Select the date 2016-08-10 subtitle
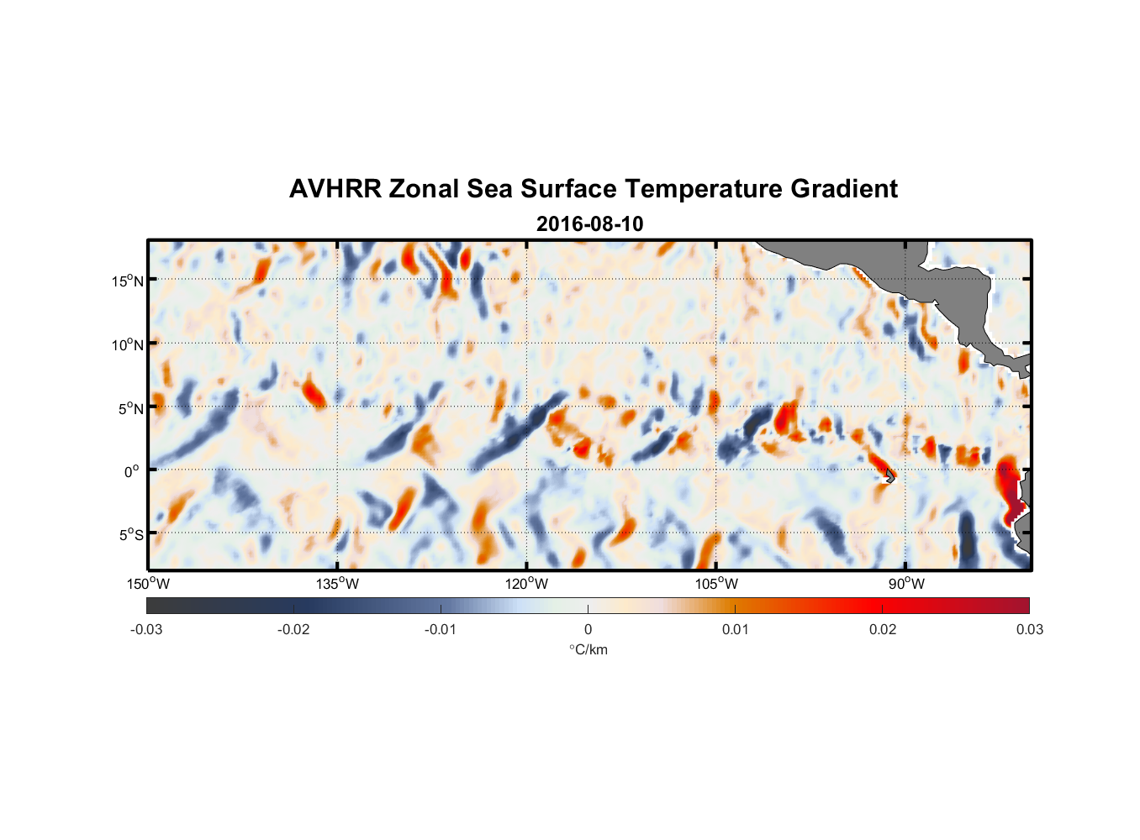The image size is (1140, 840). click(589, 224)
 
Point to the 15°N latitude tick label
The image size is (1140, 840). click(128, 281)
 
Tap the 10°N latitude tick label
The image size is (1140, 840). click(128, 344)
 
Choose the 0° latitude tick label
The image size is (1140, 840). click(132, 471)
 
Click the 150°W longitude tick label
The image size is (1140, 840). click(148, 584)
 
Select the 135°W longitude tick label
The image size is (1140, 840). click(337, 584)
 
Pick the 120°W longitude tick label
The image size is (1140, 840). click(526, 584)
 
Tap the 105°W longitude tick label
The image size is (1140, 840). click(716, 584)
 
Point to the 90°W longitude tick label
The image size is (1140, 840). click(905, 584)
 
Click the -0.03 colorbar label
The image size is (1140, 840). click(146, 629)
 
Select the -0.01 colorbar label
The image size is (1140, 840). click(441, 629)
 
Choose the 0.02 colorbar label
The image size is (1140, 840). click(883, 629)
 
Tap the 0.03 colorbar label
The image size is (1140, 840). click(1029, 629)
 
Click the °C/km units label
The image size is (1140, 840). click(588, 649)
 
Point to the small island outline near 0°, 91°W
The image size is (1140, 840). click(890, 475)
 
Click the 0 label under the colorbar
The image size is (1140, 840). click(588, 629)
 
